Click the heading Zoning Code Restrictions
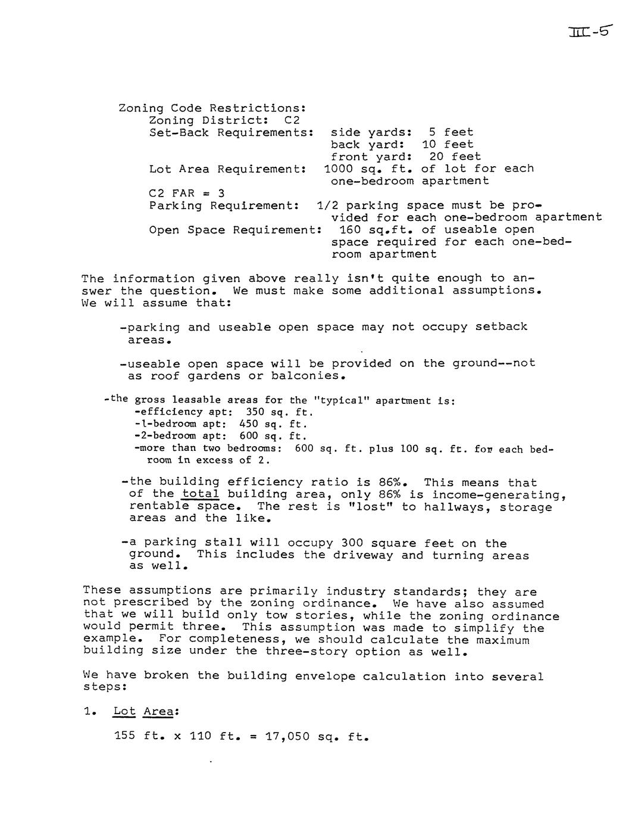pos(212,108)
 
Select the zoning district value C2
pos(292,120)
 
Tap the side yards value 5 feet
pos(450,132)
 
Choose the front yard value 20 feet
pos(455,157)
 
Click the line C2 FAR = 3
pos(186,193)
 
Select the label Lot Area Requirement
pos(227,169)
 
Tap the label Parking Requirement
pos(224,205)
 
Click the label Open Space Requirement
pos(235,230)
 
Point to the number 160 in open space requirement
pos(351,230)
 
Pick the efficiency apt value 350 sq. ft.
pos(279,412)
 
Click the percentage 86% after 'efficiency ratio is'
pos(393,482)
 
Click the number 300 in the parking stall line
pos(352,543)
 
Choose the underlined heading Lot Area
pos(146,712)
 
